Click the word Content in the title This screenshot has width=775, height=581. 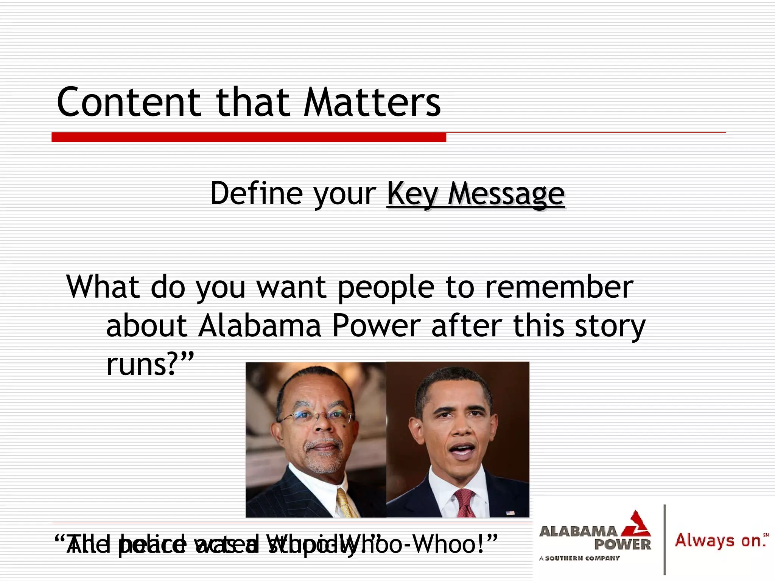[129, 102]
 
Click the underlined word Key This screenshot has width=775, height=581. [412, 194]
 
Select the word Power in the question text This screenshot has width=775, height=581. [376, 326]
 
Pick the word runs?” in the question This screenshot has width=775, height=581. [150, 364]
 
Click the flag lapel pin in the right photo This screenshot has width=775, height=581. [510, 513]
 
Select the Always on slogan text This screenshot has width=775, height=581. [719, 541]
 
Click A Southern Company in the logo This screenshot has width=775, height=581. [579, 558]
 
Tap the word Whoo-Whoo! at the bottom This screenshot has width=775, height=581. [439, 544]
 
